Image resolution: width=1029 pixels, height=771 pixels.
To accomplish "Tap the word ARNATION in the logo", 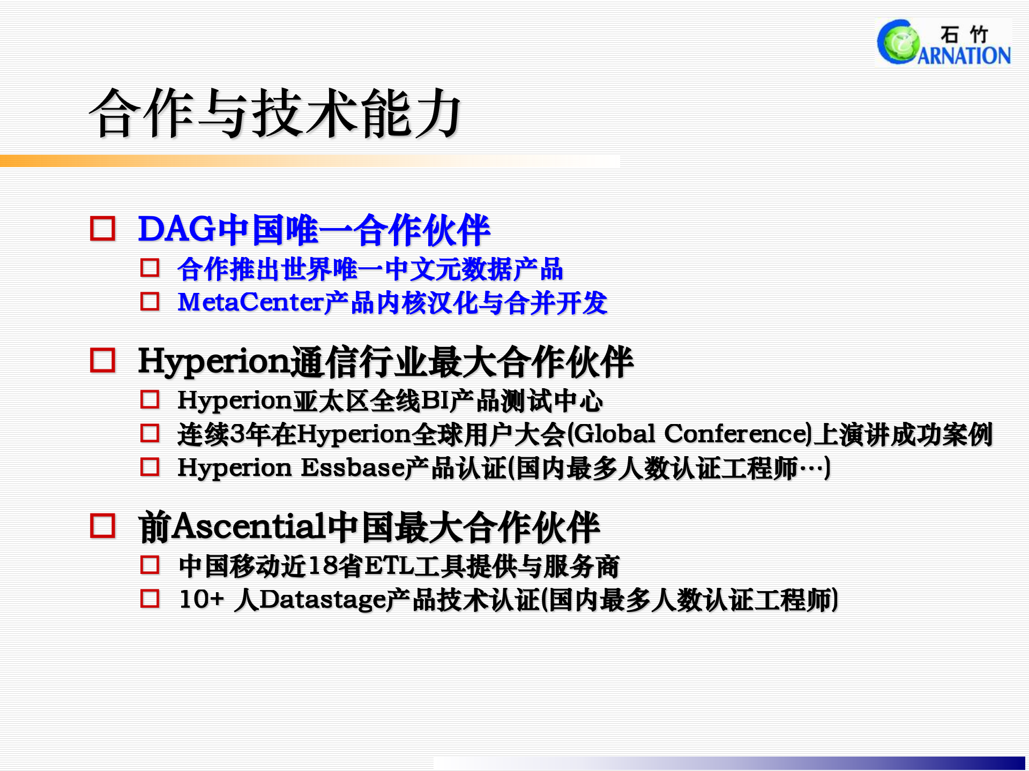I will pyautogui.click(x=964, y=55).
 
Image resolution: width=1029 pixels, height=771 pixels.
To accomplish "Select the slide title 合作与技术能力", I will pyautogui.click(x=275, y=114).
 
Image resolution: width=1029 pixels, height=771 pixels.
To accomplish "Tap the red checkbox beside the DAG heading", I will pyautogui.click(x=102, y=229).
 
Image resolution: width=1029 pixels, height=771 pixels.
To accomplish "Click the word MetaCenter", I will pyautogui.click(x=250, y=303).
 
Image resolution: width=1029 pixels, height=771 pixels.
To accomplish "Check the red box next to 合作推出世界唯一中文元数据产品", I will pyautogui.click(x=150, y=268).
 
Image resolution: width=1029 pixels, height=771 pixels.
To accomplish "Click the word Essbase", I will pyautogui.click(x=353, y=467).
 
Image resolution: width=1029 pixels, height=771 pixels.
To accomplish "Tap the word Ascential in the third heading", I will pyautogui.click(x=249, y=527).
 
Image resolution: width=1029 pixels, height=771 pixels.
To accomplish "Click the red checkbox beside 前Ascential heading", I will pyautogui.click(x=102, y=526).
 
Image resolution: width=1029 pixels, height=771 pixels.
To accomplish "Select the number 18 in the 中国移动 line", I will pyautogui.click(x=323, y=566).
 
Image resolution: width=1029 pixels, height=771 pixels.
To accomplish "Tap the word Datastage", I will pyautogui.click(x=322, y=600).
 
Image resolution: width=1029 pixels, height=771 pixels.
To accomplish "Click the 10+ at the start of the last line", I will pyautogui.click(x=201, y=599).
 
